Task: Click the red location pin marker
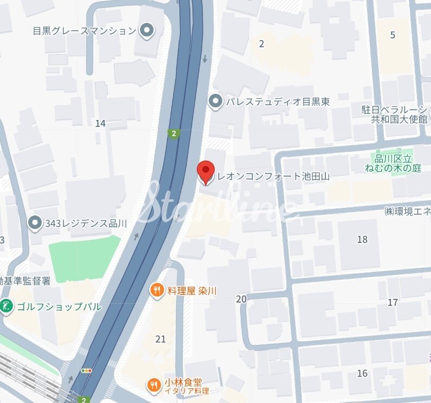(205, 172)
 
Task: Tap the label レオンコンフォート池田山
(273, 176)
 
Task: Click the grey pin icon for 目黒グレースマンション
(146, 30)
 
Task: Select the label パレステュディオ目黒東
(278, 101)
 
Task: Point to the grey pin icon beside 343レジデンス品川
(35, 223)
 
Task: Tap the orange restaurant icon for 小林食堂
(154, 386)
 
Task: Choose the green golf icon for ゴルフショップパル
(7, 306)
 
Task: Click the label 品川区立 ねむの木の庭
(397, 163)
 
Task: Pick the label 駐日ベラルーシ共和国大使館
(394, 114)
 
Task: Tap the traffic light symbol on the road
(86, 370)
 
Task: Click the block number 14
(100, 124)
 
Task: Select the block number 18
(362, 239)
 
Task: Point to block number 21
(160, 339)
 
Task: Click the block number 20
(241, 299)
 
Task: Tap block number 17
(393, 302)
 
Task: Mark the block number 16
(362, 373)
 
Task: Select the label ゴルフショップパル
(59, 306)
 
